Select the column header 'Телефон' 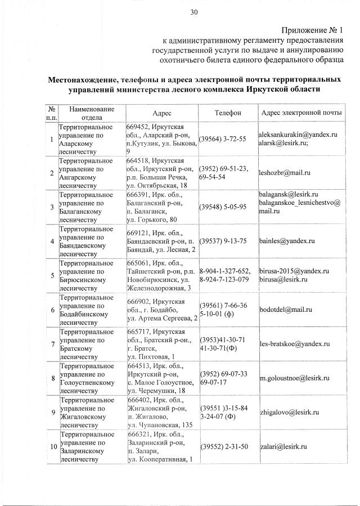227,113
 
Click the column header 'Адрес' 161,113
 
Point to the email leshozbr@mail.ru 284,173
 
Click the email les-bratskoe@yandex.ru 294,343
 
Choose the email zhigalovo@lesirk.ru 289,412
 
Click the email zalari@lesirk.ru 283,446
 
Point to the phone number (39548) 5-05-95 223,207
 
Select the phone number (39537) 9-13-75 223,241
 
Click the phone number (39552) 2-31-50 224,446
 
